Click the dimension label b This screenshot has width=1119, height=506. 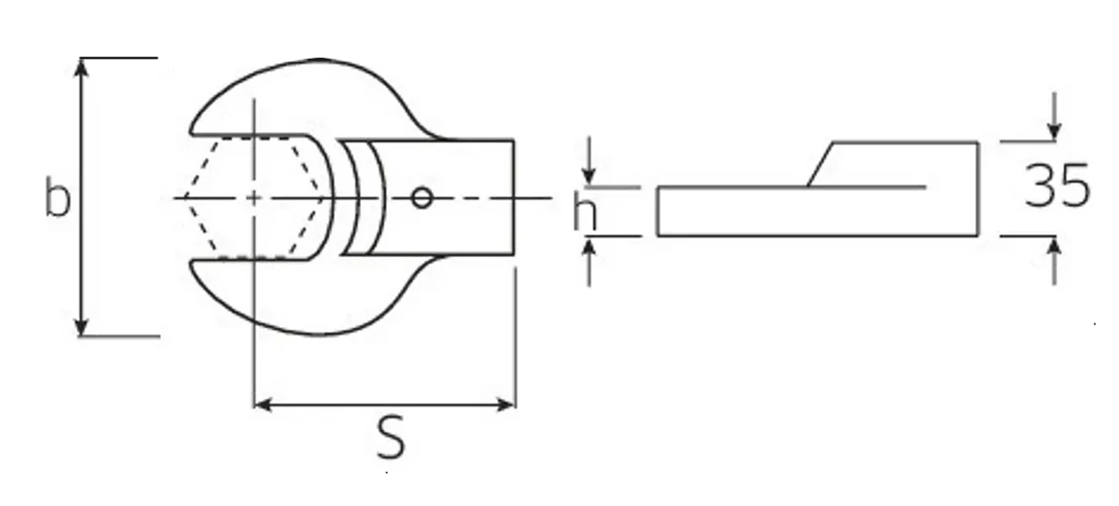pos(58,198)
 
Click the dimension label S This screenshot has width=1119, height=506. pos(392,439)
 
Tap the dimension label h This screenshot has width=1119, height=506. pos(585,213)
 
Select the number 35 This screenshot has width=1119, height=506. pos(1057,186)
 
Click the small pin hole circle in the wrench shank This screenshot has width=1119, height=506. pos(421,198)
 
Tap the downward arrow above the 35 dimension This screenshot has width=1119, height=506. pos(1054,130)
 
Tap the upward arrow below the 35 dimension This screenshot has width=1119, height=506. pos(1054,248)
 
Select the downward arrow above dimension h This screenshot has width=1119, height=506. pos(589,175)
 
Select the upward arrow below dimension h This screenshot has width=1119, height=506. pos(589,248)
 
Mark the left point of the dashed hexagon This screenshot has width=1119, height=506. pos(184,198)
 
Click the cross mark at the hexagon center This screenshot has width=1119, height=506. pos(254,198)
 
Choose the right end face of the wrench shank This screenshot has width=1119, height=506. pos(514,198)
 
